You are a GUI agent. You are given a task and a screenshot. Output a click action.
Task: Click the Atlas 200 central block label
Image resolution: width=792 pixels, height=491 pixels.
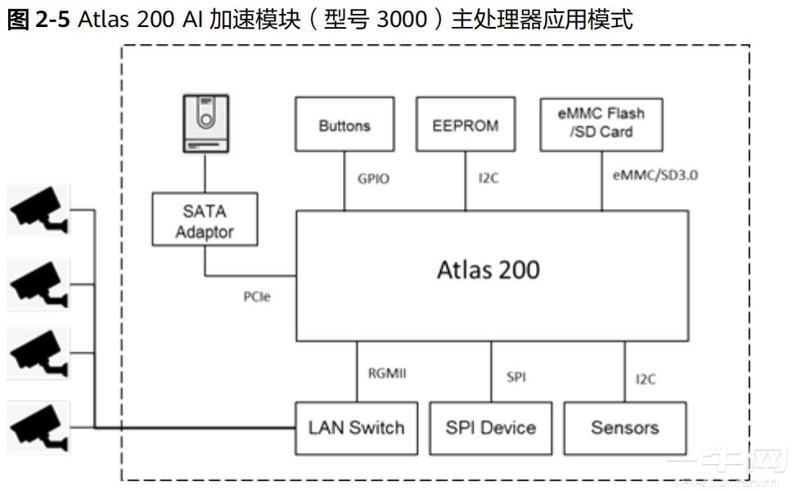488,270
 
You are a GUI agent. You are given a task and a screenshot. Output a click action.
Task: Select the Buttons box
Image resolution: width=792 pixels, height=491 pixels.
344,125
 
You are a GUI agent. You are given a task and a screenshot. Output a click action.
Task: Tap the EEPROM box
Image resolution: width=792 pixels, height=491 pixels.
466,125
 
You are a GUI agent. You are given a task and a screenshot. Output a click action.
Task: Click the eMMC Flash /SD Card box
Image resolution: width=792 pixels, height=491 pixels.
601,123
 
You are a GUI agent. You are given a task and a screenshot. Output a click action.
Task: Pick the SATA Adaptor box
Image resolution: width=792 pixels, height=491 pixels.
205,221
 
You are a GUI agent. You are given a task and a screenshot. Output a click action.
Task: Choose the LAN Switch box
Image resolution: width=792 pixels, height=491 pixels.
356,428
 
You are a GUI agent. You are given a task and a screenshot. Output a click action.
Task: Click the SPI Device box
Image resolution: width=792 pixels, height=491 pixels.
490,428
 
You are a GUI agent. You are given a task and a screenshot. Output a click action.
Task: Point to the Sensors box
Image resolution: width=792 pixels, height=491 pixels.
625,428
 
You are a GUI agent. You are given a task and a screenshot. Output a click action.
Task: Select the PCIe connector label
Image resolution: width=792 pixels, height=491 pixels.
256,297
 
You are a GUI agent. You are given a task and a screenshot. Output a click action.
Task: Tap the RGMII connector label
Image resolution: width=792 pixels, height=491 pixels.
387,374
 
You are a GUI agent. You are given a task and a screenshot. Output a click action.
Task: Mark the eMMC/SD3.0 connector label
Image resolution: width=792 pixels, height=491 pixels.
644,175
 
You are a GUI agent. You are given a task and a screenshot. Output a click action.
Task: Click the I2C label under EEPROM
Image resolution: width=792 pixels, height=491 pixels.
488,178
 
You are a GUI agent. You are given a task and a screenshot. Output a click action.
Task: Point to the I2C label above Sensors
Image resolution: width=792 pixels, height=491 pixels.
646,379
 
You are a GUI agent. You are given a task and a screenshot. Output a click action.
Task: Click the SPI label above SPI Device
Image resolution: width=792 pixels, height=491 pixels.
516,377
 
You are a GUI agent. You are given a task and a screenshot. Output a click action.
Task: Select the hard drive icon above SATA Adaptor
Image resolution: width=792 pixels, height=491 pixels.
205,123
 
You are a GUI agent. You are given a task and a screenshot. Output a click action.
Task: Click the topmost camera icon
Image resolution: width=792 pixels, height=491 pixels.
38,209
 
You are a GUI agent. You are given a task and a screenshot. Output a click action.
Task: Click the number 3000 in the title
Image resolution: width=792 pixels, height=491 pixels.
402,20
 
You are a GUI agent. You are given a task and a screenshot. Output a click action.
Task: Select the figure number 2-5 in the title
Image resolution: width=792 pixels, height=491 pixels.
54,20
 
